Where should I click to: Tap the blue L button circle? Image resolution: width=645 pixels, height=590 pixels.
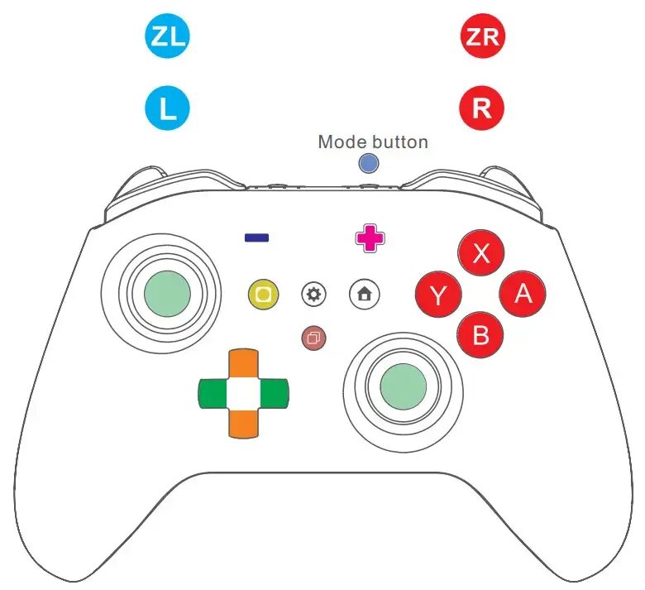pyautogui.click(x=167, y=108)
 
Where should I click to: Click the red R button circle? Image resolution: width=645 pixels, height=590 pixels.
pyautogui.click(x=481, y=108)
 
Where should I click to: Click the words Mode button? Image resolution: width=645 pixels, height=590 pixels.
pyautogui.click(x=373, y=142)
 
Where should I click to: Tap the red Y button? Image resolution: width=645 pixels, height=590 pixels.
pyautogui.click(x=438, y=294)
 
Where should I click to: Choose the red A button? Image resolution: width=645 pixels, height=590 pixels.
pyautogui.click(x=523, y=293)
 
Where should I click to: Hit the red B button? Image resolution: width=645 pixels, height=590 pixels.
pyautogui.click(x=480, y=334)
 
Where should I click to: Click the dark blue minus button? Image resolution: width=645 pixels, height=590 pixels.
pyautogui.click(x=256, y=237)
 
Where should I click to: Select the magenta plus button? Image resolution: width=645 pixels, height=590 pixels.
pyautogui.click(x=370, y=238)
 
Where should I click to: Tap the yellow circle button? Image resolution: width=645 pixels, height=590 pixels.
pyautogui.click(x=263, y=294)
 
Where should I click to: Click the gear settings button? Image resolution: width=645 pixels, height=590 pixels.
pyautogui.click(x=314, y=294)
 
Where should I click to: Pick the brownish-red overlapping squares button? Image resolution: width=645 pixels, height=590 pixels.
pyautogui.click(x=314, y=337)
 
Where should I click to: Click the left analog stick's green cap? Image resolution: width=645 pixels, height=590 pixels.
pyautogui.click(x=167, y=293)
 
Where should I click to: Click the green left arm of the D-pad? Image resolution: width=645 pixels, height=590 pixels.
pyautogui.click(x=213, y=393)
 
